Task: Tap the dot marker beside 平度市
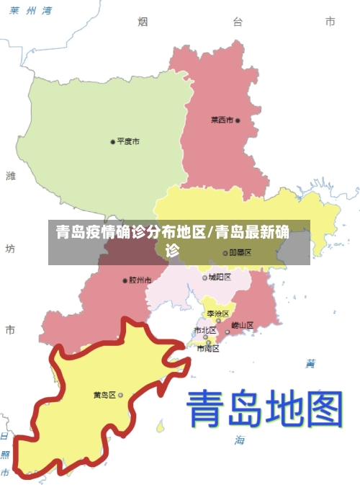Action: pyautogui.click(x=112, y=141)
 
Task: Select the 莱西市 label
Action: pyautogui.click(x=222, y=120)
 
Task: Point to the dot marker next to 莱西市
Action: pyautogui.click(x=238, y=120)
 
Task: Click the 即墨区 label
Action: pyautogui.click(x=240, y=253)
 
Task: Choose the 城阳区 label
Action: pyautogui.click(x=219, y=277)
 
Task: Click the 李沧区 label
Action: pyautogui.click(x=217, y=313)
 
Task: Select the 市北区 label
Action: pyautogui.click(x=204, y=330)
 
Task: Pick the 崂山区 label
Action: pyautogui.click(x=243, y=325)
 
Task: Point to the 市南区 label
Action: pyautogui.click(x=208, y=348)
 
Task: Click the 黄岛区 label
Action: pyautogui.click(x=104, y=395)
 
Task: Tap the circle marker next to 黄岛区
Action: pyautogui.click(x=120, y=395)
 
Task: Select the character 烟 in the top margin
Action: pyautogui.click(x=143, y=22)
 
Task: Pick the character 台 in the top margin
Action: pyautogui.click(x=237, y=22)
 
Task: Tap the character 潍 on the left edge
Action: pyautogui.click(x=10, y=176)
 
